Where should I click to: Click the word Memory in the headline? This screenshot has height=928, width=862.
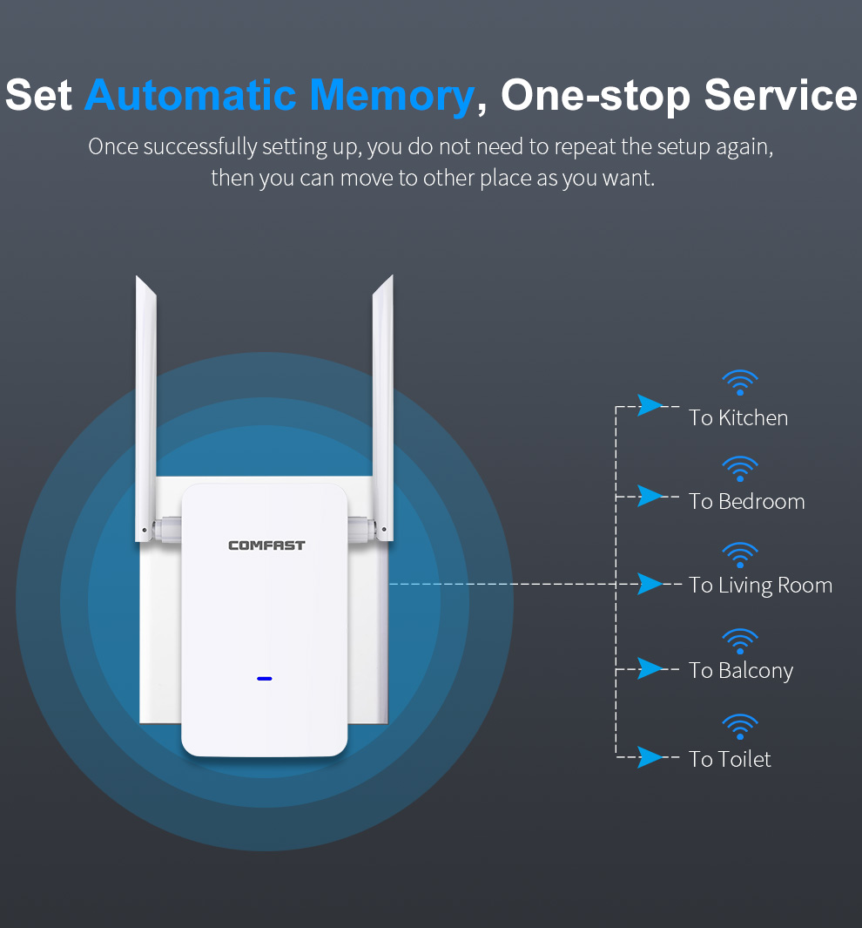(392, 96)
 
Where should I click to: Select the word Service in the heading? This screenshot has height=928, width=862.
(780, 95)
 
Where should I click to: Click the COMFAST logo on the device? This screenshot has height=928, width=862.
(266, 545)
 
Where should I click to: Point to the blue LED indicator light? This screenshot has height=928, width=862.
(265, 678)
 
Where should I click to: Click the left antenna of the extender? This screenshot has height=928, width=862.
(146, 409)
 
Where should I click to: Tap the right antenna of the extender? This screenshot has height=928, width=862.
(382, 409)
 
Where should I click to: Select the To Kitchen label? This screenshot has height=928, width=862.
(737, 418)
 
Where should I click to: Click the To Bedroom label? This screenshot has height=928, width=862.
(747, 502)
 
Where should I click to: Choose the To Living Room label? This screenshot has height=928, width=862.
(760, 586)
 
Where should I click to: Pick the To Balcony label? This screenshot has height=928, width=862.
(741, 671)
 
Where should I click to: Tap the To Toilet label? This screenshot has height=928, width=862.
(730, 759)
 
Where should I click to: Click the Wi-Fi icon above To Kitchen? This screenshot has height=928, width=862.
(739, 383)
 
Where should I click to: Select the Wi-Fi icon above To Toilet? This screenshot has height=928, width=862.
(739, 727)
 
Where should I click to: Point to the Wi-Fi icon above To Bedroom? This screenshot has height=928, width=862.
(739, 469)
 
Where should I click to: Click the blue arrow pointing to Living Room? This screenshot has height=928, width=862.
(650, 584)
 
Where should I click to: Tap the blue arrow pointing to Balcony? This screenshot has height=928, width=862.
(650, 669)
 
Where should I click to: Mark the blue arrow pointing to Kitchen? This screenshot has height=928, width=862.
(650, 405)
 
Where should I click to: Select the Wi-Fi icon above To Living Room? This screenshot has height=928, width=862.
(739, 555)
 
